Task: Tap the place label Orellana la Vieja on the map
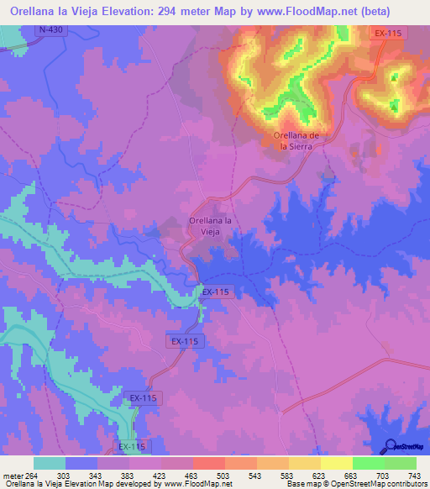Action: click(x=210, y=226)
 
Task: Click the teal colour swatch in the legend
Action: click(x=50, y=463)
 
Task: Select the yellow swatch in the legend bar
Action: click(x=335, y=463)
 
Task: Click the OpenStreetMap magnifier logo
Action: click(x=389, y=445)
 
